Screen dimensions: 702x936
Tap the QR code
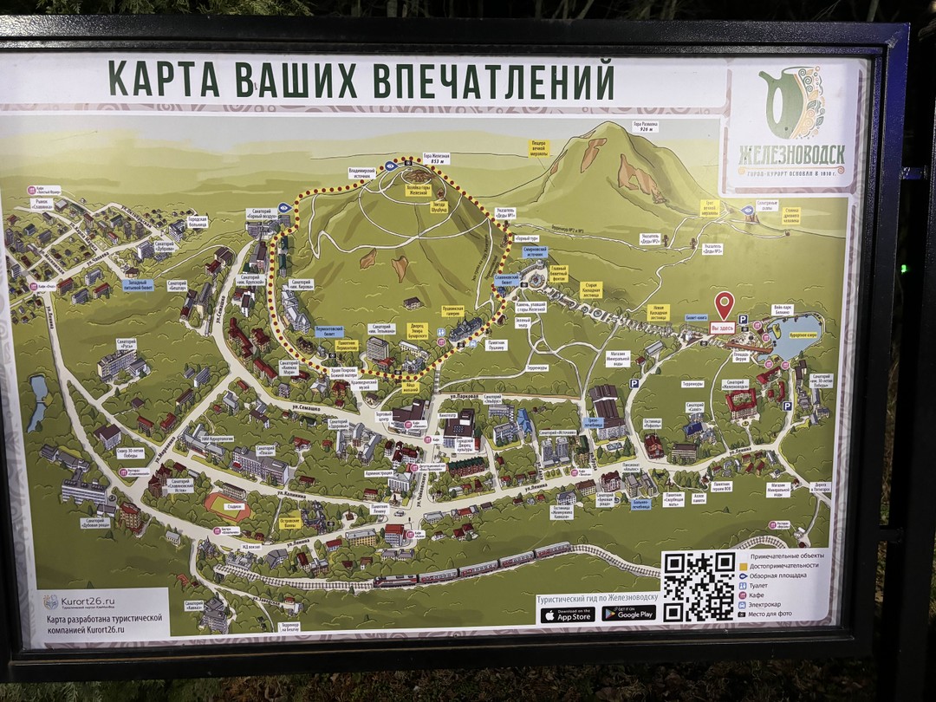699,586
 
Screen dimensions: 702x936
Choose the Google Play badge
629,613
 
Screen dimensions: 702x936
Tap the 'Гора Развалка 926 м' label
643,127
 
